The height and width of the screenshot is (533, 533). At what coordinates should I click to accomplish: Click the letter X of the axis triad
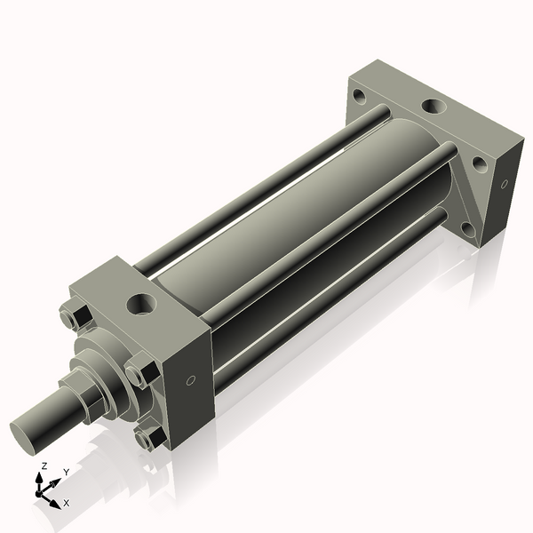(67, 503)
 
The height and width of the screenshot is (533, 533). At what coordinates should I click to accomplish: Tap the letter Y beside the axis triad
(66, 473)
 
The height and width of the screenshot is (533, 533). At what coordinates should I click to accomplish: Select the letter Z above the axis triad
(44, 465)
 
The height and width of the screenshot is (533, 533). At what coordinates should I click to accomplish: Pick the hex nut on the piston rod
(89, 398)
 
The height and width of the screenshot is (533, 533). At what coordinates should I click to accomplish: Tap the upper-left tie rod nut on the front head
(73, 318)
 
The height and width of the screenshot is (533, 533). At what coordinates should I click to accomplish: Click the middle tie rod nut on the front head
(141, 370)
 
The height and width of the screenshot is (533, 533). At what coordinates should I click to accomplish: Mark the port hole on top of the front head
(140, 305)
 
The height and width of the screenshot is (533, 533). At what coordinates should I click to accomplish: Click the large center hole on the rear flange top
(433, 106)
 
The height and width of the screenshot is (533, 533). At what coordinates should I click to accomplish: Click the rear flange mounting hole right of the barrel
(479, 164)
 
